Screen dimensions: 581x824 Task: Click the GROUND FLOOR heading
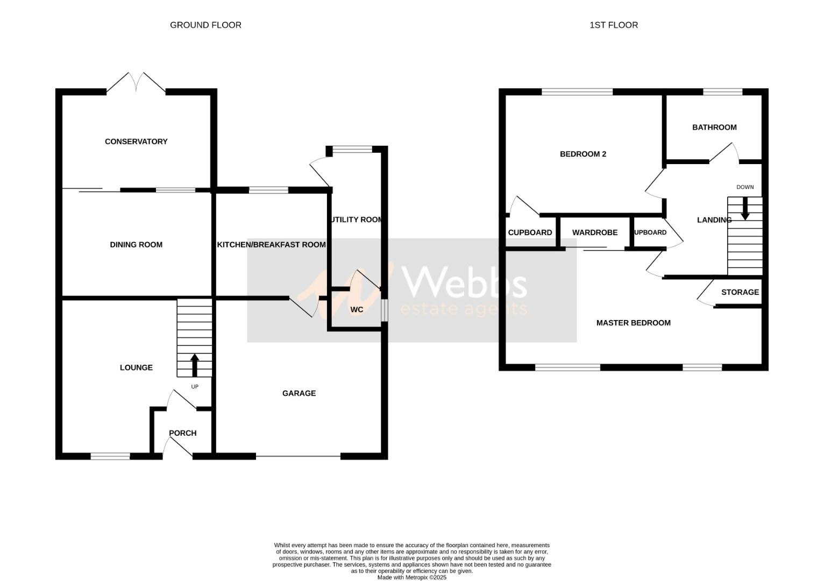(x=205, y=25)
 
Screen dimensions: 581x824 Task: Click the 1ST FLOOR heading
(x=614, y=25)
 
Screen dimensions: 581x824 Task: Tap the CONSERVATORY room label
(x=136, y=141)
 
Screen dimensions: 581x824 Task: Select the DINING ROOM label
(x=136, y=245)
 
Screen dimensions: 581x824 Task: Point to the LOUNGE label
(x=136, y=367)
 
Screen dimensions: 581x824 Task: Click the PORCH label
(x=182, y=433)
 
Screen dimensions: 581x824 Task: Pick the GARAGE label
(x=299, y=393)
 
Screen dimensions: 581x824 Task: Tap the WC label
(x=357, y=309)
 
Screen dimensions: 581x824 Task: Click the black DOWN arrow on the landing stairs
(x=745, y=209)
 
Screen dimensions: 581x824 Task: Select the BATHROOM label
(x=714, y=127)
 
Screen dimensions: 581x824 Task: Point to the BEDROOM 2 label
(x=583, y=154)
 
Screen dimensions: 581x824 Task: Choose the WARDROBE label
(x=595, y=232)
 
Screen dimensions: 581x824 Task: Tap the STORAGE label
(x=740, y=292)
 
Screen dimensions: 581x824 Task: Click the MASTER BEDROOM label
(x=633, y=323)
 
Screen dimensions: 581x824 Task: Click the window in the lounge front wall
(x=110, y=456)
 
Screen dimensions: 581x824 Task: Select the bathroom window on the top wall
(x=722, y=92)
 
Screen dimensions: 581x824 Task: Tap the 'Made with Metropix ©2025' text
(x=411, y=577)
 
